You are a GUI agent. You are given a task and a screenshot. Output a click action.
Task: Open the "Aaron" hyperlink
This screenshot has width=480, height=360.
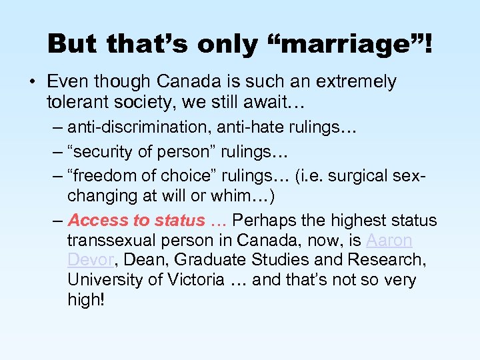click(389, 240)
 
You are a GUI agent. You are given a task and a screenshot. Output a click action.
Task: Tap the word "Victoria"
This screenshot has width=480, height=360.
click(191, 280)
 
